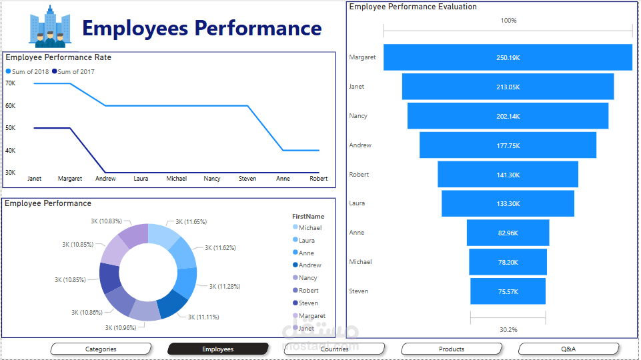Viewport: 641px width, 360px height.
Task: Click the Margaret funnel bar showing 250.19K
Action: click(x=508, y=57)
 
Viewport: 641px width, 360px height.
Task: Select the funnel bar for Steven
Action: click(x=508, y=291)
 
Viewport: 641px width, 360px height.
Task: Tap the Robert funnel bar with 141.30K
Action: click(x=508, y=175)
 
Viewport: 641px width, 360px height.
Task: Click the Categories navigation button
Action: click(x=101, y=349)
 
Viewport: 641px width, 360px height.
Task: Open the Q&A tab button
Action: click(x=568, y=349)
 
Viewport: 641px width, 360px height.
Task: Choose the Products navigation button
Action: click(x=452, y=349)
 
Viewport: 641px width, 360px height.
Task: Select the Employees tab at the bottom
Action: click(x=218, y=349)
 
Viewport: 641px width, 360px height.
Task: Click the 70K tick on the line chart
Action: click(x=11, y=83)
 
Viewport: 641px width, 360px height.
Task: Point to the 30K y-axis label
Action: click(x=11, y=173)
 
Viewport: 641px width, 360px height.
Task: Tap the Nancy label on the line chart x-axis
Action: click(x=212, y=179)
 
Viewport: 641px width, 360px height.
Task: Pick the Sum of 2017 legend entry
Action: click(x=75, y=71)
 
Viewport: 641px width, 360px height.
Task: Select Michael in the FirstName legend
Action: click(x=309, y=228)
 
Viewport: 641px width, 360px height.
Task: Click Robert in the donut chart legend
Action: click(x=308, y=291)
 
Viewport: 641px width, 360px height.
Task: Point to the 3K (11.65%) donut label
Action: click(x=191, y=222)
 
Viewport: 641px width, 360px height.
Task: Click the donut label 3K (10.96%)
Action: click(x=120, y=328)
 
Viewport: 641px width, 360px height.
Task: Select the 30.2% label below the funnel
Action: click(x=508, y=329)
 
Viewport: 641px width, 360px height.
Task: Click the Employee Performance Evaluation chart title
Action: click(x=413, y=7)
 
